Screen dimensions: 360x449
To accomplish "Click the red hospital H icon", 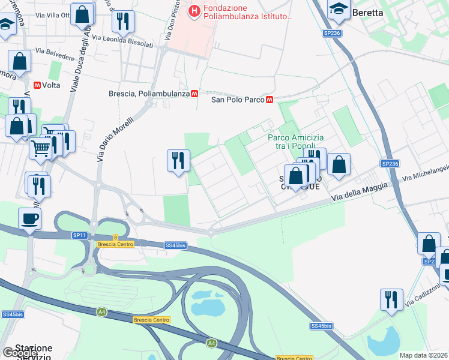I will tap(194, 11).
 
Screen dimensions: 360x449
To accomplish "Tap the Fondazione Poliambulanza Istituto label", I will tap(248, 11).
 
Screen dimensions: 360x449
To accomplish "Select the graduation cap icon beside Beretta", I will tap(339, 9).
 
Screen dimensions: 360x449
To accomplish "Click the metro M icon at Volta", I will tap(37, 85).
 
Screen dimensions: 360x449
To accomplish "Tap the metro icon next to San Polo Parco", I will tap(270, 100).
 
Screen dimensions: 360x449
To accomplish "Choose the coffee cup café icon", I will tap(29, 219).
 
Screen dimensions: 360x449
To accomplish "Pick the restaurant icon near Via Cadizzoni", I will tap(391, 299).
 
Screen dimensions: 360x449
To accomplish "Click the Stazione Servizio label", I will tap(34, 352).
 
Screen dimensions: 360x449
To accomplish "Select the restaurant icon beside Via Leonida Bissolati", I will tap(124, 22).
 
